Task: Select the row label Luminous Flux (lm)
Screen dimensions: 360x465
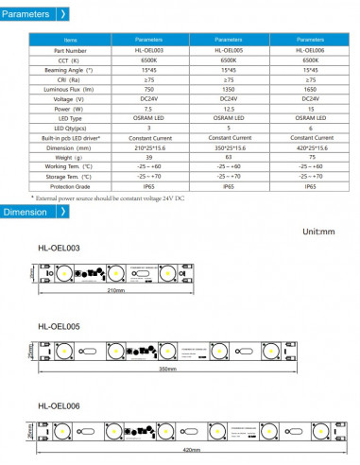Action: coord(69,87)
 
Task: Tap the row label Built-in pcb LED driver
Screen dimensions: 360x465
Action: coord(69,138)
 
